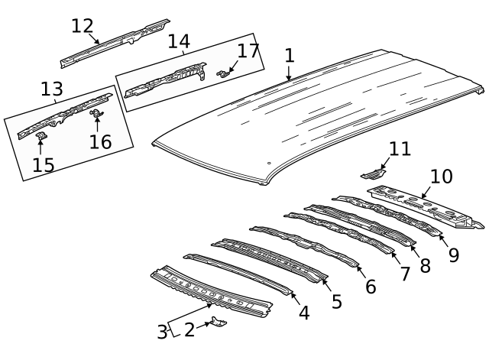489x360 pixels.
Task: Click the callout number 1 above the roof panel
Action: (289, 56)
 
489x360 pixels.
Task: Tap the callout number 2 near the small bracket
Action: (189, 329)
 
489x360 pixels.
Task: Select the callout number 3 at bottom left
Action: (162, 332)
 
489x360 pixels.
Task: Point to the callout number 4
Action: (303, 313)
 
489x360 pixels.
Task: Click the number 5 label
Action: (336, 301)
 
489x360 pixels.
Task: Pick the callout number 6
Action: (371, 287)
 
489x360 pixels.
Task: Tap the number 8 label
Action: (425, 265)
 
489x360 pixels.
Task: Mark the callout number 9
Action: (453, 255)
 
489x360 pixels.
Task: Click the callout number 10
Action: (441, 177)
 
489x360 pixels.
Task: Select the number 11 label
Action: (400, 148)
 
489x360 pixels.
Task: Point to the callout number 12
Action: (83, 26)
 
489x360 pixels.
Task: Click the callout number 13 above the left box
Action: (52, 90)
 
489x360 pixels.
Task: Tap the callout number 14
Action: (178, 41)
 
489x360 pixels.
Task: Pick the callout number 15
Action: (43, 164)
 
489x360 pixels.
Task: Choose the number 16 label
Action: (100, 141)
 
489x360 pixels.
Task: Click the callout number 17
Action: (248, 51)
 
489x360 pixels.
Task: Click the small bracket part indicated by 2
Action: (219, 323)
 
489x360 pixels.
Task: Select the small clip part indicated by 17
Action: (223, 73)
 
